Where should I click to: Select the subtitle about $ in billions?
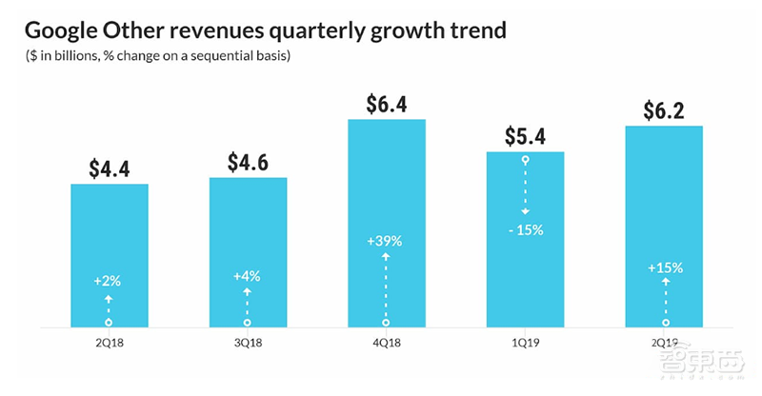[158, 58]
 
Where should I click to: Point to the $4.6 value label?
[248, 162]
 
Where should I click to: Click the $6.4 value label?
[386, 104]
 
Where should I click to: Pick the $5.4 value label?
[525, 137]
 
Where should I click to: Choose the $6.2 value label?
[663, 110]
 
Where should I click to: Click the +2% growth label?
[109, 283]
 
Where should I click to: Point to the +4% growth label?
[247, 276]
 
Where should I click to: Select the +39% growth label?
[386, 242]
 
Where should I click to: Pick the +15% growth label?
[663, 267]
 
